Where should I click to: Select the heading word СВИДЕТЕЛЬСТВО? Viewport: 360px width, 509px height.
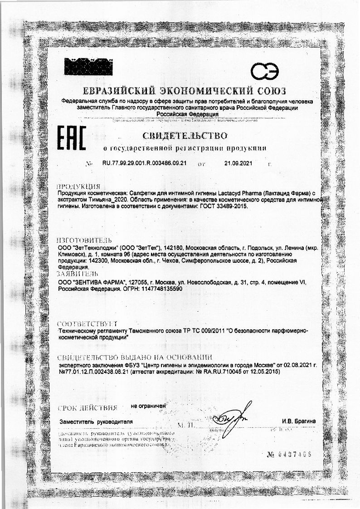[185, 135]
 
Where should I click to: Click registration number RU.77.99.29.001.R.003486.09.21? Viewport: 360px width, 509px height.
[145, 163]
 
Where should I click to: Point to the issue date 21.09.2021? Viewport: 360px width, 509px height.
[238, 163]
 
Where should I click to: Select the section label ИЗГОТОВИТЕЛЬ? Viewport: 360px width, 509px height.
[84, 240]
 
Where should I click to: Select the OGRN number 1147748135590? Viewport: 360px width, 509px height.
[159, 289]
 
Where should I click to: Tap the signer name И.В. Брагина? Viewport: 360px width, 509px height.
[298, 422]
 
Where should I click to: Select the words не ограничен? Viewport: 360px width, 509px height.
[148, 406]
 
